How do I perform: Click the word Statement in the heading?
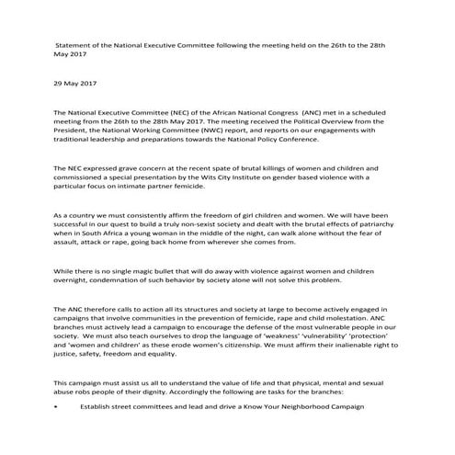pos(76,44)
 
